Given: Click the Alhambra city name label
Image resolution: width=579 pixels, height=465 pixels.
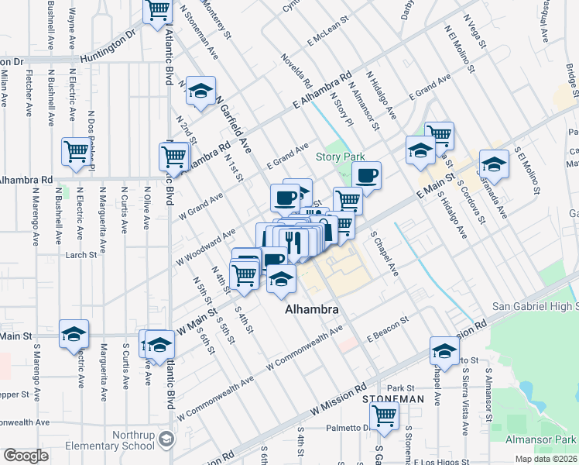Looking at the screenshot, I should point(312,309).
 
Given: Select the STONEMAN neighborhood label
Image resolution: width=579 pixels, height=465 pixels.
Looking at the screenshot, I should point(393,398).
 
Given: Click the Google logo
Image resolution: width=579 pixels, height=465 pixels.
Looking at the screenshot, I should point(26,456).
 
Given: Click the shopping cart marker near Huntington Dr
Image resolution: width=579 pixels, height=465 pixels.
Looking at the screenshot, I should point(158,11).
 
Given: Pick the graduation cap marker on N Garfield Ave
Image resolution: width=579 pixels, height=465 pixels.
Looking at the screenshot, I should point(201,91).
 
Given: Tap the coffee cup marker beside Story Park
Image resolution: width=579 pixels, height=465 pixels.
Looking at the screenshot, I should point(367,175).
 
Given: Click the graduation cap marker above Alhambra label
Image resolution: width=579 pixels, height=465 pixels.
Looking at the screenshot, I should point(281,279).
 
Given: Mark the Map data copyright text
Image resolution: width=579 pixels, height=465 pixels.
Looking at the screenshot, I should point(545,459).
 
